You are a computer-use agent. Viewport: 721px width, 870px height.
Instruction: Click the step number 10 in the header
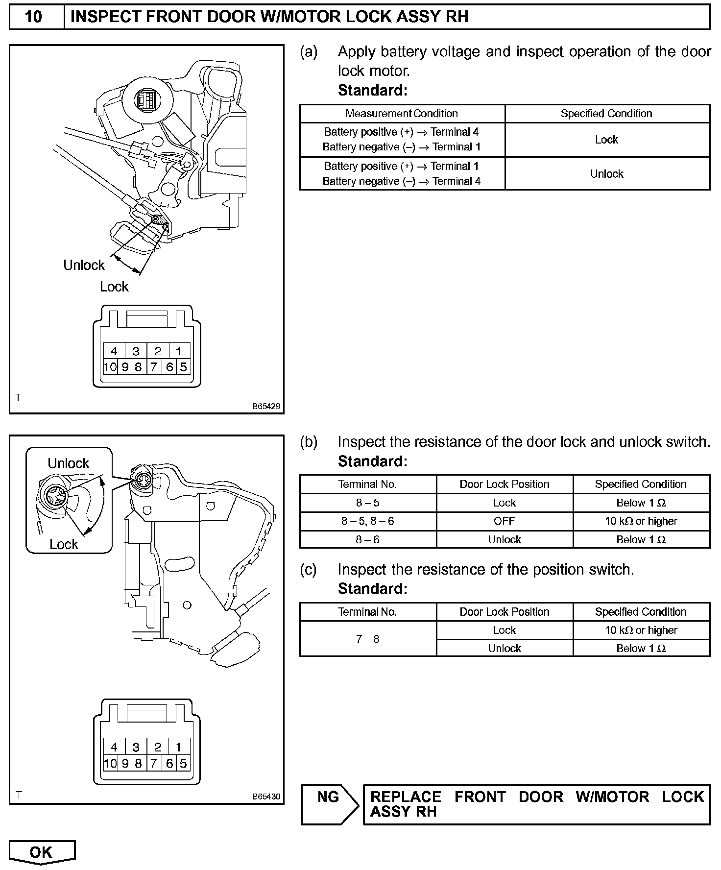pyautogui.click(x=33, y=17)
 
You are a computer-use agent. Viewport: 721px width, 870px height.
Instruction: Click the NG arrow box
pyautogui.click(x=329, y=805)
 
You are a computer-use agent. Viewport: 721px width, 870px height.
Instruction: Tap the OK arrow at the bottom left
pyautogui.click(x=42, y=852)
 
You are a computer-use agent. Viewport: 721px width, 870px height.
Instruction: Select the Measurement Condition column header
pyautogui.click(x=402, y=114)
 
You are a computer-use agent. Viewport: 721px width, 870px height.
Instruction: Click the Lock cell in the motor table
pyautogui.click(x=607, y=140)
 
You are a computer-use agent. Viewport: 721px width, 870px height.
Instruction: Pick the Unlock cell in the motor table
pyautogui.click(x=607, y=174)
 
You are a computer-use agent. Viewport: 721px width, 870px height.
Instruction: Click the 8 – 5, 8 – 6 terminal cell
pyautogui.click(x=367, y=521)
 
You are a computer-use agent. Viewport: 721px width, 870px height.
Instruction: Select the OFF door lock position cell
pyautogui.click(x=505, y=521)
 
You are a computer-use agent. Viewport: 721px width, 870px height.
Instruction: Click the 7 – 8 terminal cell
pyautogui.click(x=367, y=639)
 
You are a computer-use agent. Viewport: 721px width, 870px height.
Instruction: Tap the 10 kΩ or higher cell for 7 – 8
pyautogui.click(x=641, y=630)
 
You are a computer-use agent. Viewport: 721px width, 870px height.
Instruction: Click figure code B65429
pyautogui.click(x=266, y=407)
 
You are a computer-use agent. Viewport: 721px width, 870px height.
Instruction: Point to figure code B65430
pyautogui.click(x=266, y=797)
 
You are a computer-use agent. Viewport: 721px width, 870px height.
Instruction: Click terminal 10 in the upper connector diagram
pyautogui.click(x=110, y=367)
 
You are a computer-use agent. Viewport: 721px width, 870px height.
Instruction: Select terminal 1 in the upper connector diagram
pyautogui.click(x=179, y=351)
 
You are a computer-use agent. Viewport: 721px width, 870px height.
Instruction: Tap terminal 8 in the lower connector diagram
pyautogui.click(x=139, y=763)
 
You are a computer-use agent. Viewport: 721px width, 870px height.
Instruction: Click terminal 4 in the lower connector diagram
pyautogui.click(x=114, y=748)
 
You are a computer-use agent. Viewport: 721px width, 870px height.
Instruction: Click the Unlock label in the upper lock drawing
pyautogui.click(x=84, y=266)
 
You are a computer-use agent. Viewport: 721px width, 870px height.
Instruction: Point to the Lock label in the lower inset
pyautogui.click(x=64, y=544)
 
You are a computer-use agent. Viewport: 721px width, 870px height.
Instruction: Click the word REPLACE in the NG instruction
pyautogui.click(x=406, y=797)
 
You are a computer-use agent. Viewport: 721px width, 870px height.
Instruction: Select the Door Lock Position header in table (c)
pyautogui.click(x=505, y=612)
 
